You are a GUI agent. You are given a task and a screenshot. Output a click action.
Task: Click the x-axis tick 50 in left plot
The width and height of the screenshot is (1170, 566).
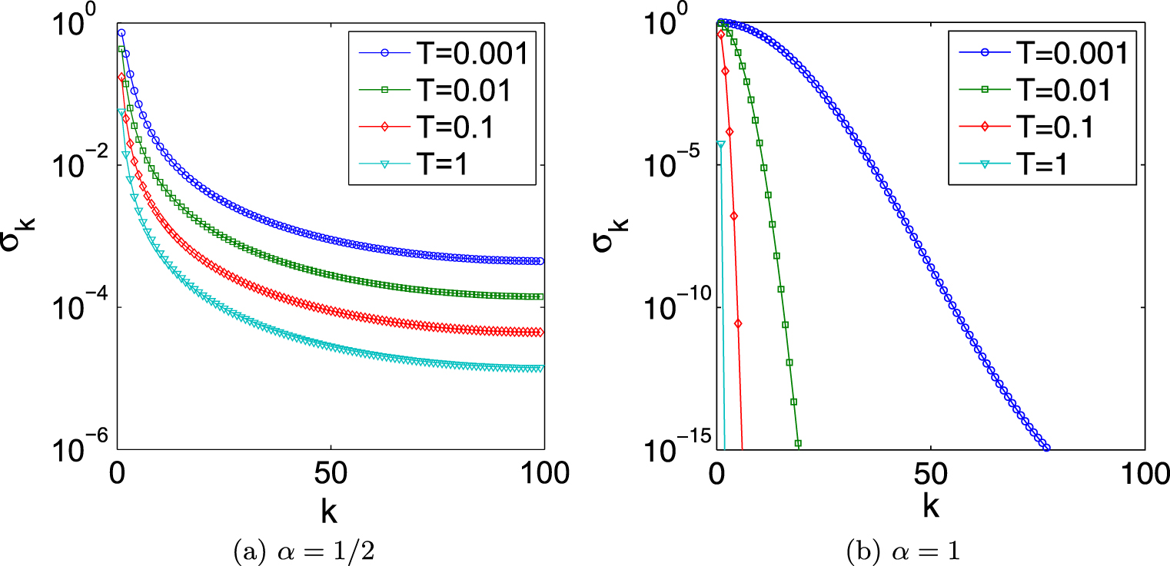[x=331, y=475]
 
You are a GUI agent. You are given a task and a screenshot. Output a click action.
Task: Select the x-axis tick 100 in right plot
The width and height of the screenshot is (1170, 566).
[x=1144, y=475]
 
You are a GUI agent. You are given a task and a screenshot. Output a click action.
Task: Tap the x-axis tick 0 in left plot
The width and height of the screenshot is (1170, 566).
[x=118, y=475]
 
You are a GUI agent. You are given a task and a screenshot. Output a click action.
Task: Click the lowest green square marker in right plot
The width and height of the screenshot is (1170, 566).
[x=798, y=443]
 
